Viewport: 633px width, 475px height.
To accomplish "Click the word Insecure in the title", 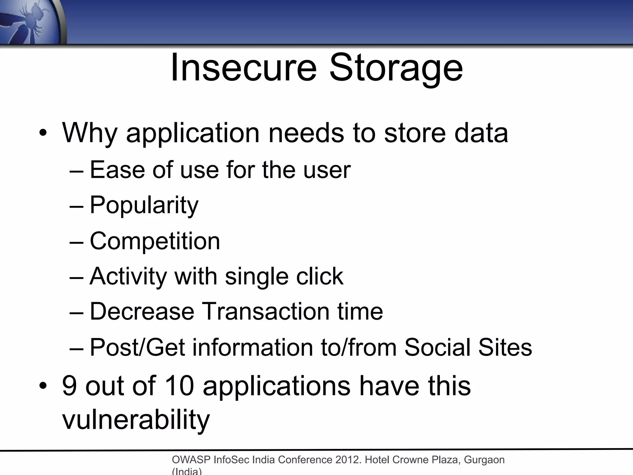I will (244, 67).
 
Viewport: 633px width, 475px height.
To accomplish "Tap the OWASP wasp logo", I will (31, 22).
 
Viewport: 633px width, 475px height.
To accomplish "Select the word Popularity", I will (144, 206).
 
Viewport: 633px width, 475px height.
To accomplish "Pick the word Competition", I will (155, 241).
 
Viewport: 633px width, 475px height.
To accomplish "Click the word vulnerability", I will (136, 420).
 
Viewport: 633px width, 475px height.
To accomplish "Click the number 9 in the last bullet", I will (70, 386).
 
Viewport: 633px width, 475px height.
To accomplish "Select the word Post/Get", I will (137, 347).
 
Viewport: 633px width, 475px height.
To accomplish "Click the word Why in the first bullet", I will (90, 134).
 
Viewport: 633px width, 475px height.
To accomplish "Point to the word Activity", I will (128, 276).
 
